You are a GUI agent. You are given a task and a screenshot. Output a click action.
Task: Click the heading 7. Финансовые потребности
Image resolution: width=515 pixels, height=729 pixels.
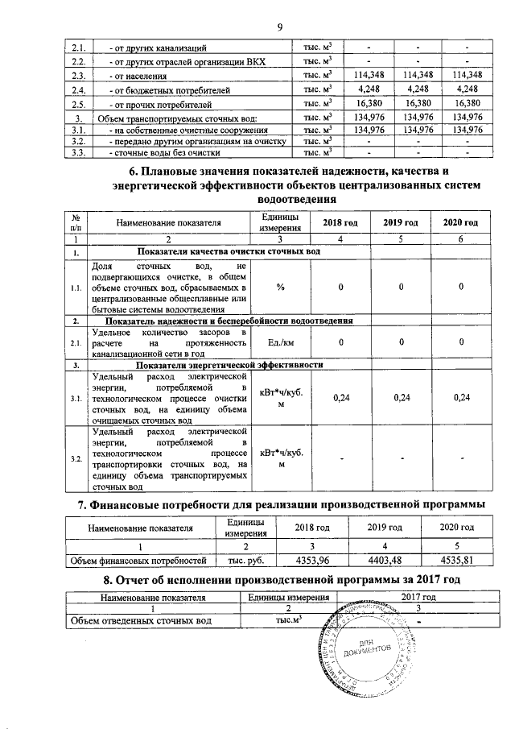279,504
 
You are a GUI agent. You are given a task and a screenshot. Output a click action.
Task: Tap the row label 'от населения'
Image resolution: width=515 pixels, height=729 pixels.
140,75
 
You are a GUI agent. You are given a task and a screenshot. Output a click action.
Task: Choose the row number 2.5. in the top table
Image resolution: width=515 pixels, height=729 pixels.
79,104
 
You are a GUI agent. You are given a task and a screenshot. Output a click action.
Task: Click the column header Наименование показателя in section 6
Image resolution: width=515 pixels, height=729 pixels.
168,222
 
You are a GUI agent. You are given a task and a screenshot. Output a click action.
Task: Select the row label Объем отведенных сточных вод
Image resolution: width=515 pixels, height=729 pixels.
142,621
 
